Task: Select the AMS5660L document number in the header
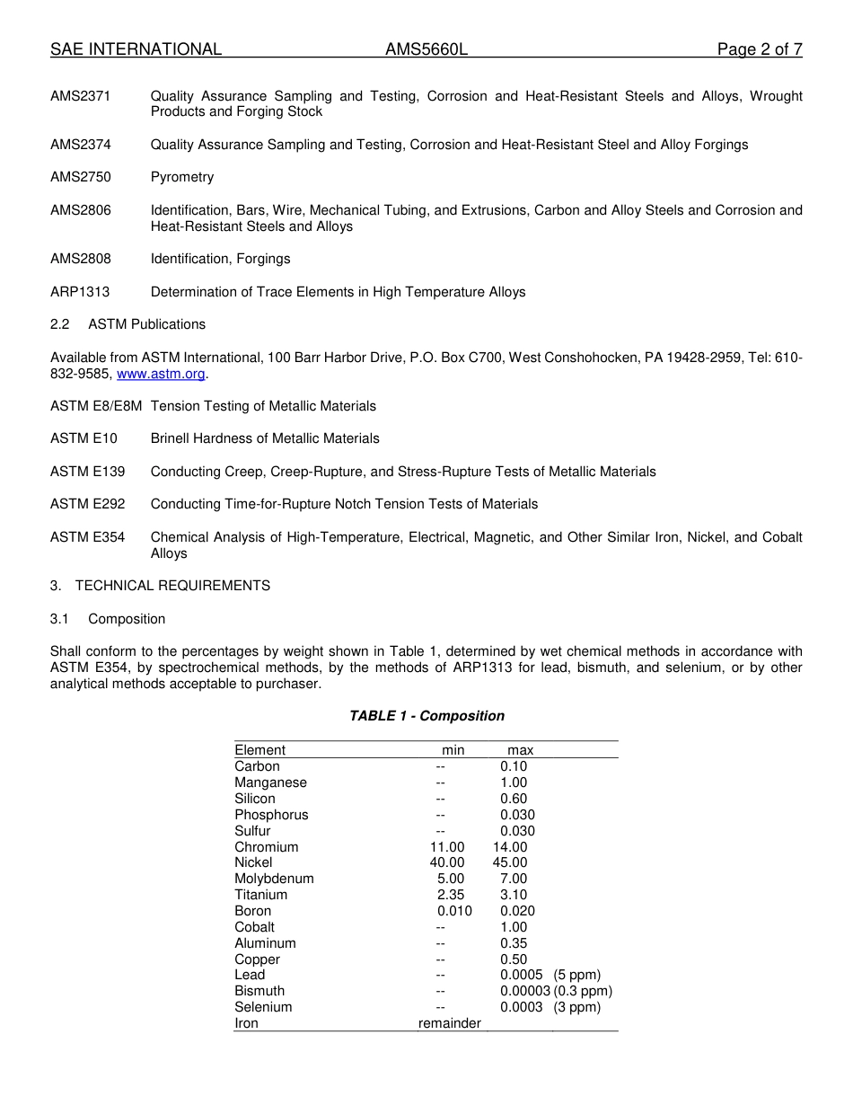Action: tap(426, 50)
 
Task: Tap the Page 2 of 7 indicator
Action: tap(759, 50)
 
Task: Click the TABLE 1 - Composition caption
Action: tap(426, 716)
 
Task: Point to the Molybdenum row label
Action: tap(274, 879)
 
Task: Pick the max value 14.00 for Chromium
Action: tap(510, 847)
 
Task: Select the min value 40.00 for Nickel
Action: tap(447, 862)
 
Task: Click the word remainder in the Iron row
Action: tap(450, 1023)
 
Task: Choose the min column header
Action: tap(453, 750)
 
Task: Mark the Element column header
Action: tap(259, 750)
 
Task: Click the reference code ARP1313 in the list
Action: tap(81, 292)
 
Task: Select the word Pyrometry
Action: tap(182, 177)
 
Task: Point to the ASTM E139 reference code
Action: tap(88, 472)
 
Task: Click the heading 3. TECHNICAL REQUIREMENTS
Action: tap(160, 586)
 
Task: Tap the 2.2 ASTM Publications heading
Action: tap(128, 324)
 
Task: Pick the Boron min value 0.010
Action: tap(454, 911)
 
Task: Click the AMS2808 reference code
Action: tap(81, 259)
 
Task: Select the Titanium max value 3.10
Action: tap(514, 895)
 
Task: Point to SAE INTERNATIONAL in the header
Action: tap(136, 50)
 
